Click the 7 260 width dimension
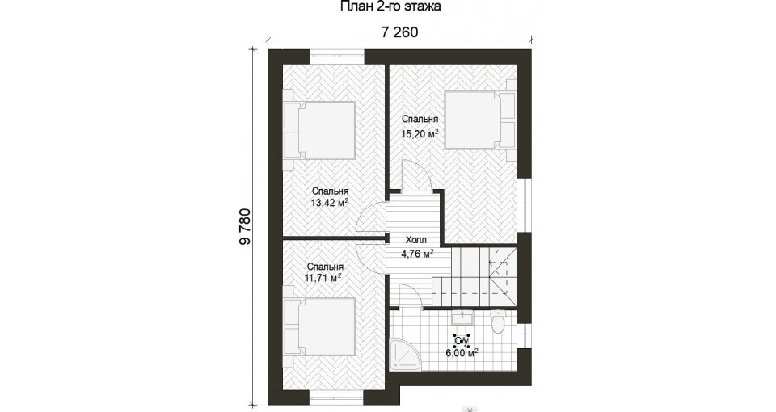(x=399, y=32)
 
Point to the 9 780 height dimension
(x=246, y=227)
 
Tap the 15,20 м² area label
(x=420, y=133)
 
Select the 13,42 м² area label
(x=330, y=202)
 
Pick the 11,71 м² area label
(x=323, y=279)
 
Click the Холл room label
(x=415, y=241)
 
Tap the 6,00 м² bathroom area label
(x=462, y=353)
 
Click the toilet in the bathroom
(x=497, y=321)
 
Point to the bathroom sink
(x=462, y=317)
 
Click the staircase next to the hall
(x=474, y=277)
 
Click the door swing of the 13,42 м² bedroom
(x=372, y=221)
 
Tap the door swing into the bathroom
(x=410, y=296)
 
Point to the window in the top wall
(x=337, y=55)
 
